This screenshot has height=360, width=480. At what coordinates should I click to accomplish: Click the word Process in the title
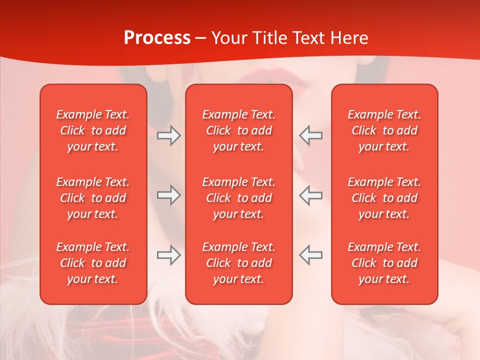[157, 38]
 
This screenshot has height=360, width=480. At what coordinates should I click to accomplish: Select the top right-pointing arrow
[168, 135]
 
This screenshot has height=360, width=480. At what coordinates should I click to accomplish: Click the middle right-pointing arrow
[168, 195]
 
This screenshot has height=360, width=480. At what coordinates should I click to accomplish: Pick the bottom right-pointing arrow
[168, 255]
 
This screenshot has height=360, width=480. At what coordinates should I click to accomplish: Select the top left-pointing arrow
[311, 135]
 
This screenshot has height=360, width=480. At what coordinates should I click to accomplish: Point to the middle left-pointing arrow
[311, 195]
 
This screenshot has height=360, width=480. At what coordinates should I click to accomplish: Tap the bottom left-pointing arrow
[311, 255]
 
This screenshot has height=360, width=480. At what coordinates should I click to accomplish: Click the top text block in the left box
[93, 130]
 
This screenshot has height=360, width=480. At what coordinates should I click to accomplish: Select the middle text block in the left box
[93, 198]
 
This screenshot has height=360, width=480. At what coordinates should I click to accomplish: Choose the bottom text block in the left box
[93, 263]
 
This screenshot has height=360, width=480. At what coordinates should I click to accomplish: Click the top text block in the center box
[238, 130]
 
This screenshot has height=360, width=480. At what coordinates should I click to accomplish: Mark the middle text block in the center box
[238, 198]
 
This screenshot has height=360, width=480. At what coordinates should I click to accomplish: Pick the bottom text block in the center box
[238, 263]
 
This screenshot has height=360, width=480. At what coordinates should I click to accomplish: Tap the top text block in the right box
[384, 130]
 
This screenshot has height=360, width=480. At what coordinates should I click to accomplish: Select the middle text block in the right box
[384, 198]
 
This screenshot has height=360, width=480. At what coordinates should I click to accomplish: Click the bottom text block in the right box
[384, 263]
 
